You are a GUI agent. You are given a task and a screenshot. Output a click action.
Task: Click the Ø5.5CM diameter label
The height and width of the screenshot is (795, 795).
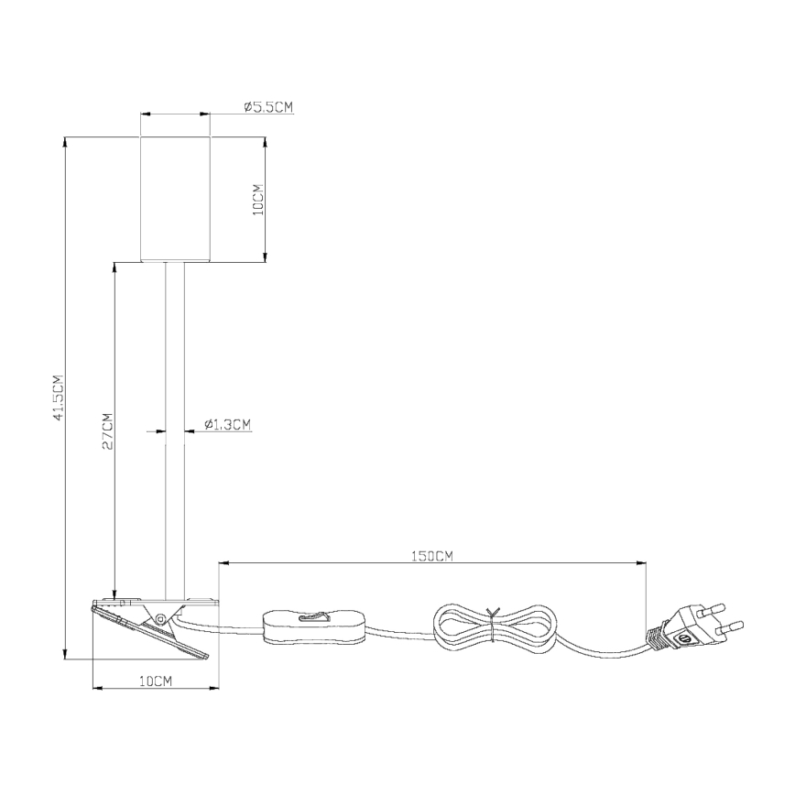coord(268,107)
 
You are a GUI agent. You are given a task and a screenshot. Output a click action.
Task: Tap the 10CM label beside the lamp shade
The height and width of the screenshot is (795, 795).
coord(258,199)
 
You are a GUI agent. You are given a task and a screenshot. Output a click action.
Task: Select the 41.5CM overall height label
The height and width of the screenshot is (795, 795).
coord(58,397)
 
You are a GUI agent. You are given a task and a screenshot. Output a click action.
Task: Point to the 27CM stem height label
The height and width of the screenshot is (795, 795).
coord(106,430)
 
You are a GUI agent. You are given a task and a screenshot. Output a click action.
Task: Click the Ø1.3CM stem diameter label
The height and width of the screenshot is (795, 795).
coord(226,424)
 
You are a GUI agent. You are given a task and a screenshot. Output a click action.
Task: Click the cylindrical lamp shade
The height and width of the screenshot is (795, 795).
coord(175,199)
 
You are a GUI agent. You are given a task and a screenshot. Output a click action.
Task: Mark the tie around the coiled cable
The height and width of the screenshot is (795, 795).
coord(494,626)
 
